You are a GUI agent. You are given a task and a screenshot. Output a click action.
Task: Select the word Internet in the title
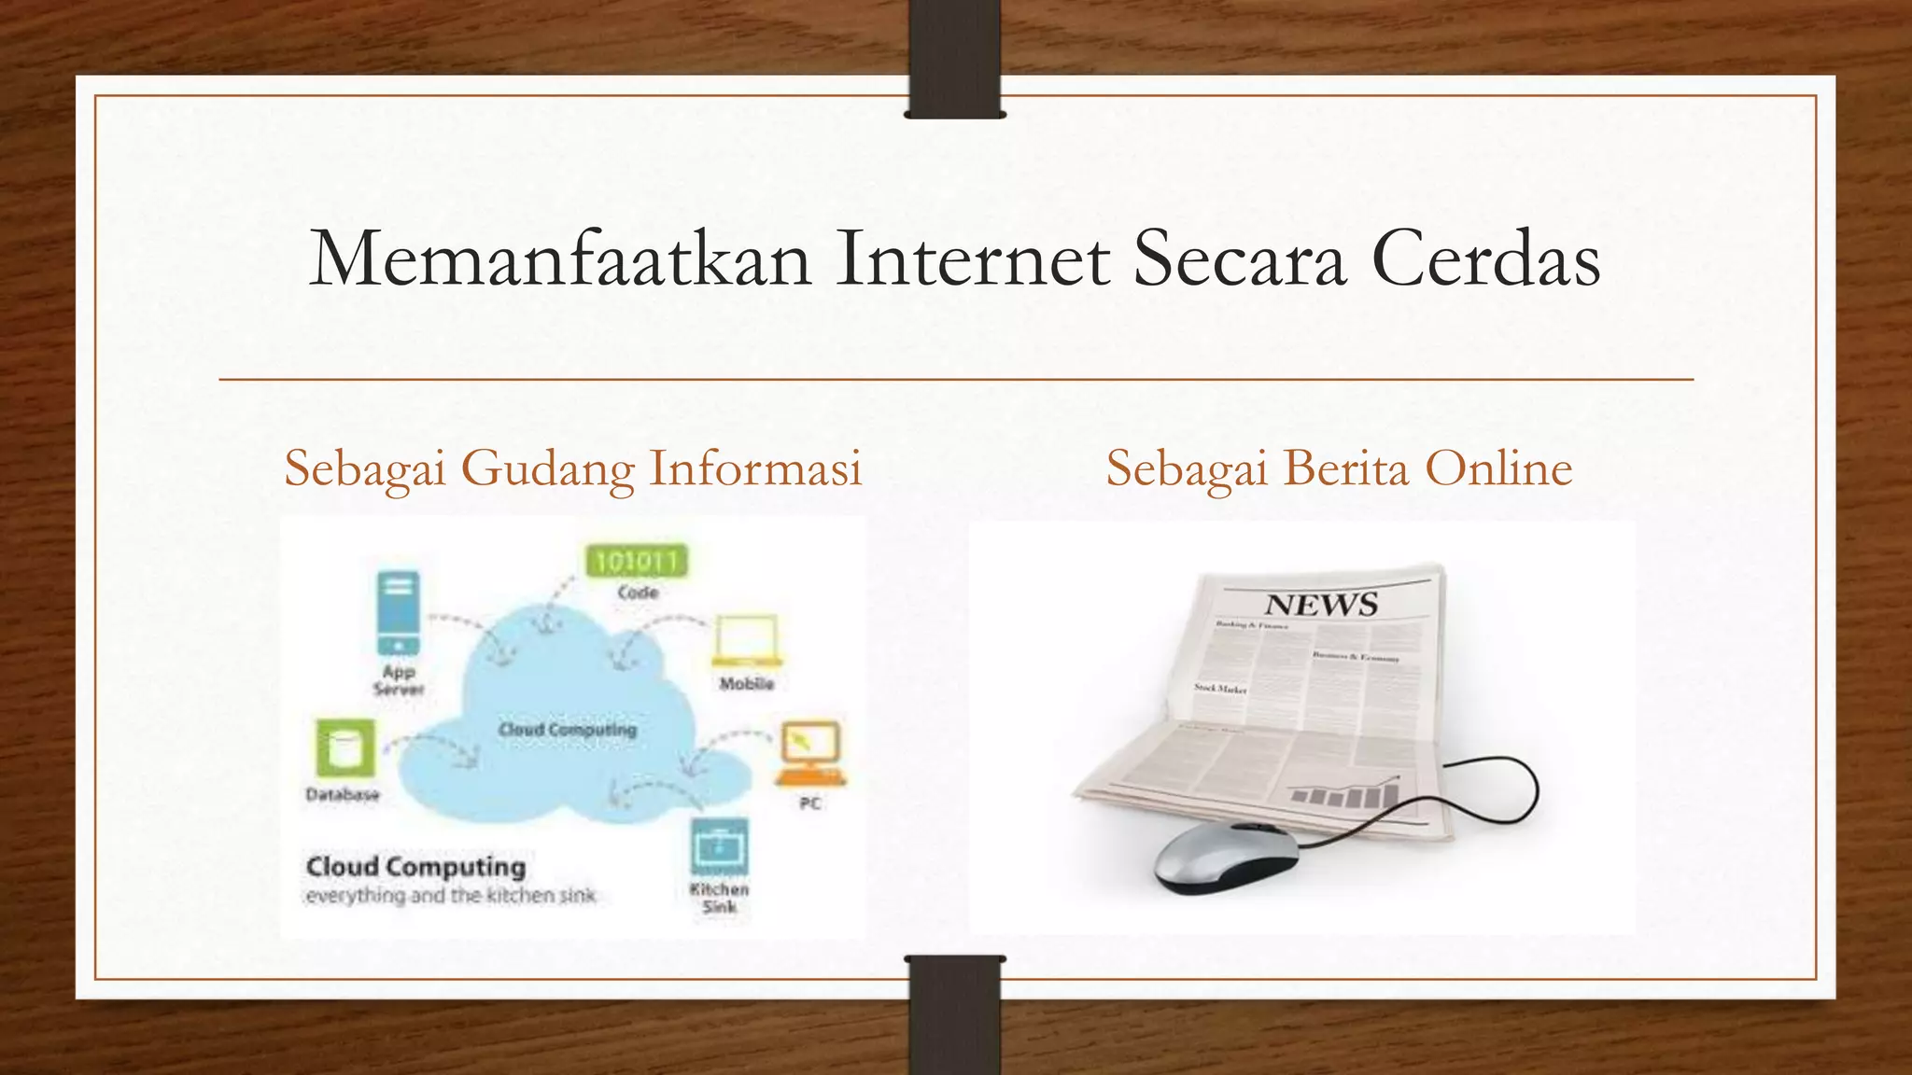pos(973,259)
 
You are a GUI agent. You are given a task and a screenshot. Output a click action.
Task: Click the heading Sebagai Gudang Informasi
pos(572,468)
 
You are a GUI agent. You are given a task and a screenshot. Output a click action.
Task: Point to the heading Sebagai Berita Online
pos(1339,468)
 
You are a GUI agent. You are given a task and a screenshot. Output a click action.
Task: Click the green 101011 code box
pos(637,561)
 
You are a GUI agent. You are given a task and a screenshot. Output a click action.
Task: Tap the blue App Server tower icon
pos(399,612)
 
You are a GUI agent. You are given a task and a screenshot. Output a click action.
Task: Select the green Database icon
pos(344,747)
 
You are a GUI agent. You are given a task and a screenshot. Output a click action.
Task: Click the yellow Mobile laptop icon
pos(746,640)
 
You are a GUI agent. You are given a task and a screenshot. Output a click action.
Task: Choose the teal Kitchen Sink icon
pos(719,846)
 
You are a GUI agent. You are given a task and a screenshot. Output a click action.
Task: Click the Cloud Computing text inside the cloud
pos(568,729)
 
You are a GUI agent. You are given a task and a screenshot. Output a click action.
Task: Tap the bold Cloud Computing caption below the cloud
pos(415,867)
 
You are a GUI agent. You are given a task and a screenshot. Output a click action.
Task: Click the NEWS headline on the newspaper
pos(1321,605)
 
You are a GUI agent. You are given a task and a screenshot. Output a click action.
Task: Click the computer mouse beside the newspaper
pos(1228,856)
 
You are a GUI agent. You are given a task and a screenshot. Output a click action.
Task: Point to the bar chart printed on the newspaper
pos(1344,794)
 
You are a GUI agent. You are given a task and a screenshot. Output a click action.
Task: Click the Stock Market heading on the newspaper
pos(1220,689)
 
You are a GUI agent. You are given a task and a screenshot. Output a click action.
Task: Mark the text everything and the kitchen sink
pos(450,897)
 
